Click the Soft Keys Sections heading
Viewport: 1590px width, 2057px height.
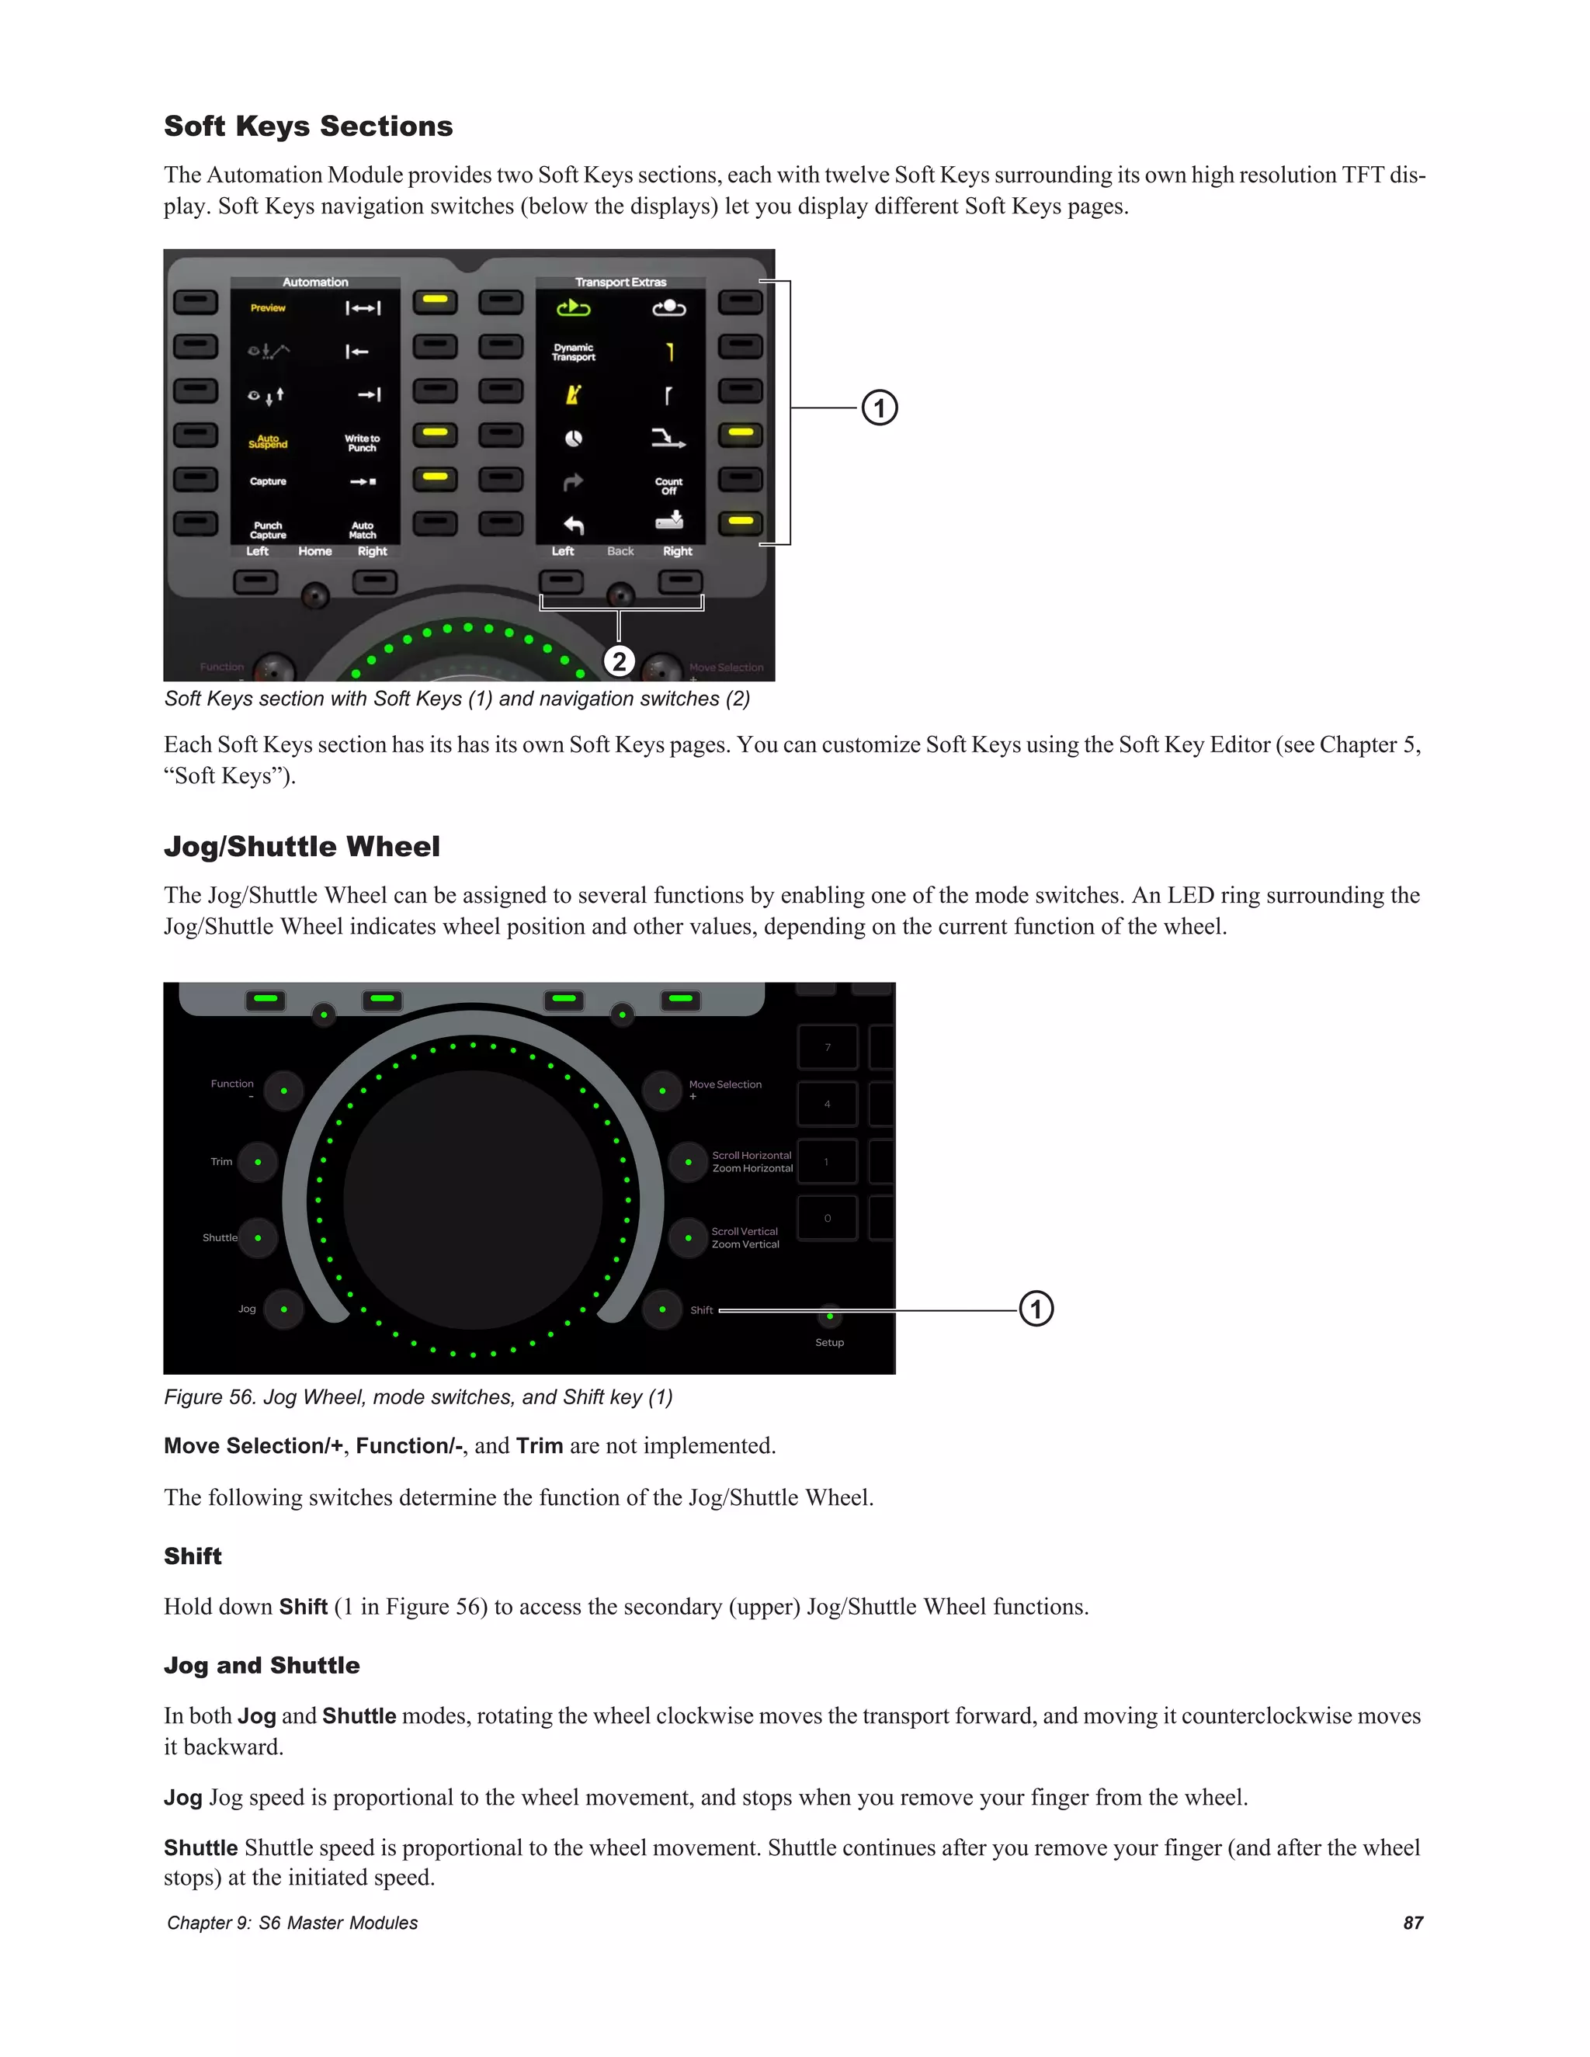308,127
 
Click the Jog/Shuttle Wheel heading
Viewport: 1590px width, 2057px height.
301,847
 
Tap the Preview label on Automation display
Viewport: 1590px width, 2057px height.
268,308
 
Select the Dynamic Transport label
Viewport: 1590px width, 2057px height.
574,352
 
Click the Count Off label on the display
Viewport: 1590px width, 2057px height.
668,486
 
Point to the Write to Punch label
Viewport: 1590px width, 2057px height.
363,442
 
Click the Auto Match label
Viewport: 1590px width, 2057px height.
363,530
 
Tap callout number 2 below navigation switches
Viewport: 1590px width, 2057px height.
619,661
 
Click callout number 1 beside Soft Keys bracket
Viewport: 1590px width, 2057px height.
880,408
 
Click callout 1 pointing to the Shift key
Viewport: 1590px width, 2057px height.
1036,1309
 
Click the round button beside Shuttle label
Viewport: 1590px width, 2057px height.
258,1237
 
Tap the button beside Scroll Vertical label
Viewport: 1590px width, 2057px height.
689,1237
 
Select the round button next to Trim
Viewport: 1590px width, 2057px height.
258,1161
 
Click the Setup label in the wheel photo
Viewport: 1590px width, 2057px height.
829,1342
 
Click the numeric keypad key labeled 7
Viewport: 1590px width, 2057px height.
827,1047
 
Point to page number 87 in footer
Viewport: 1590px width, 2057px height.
1412,1922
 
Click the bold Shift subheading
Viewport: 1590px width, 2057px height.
193,1556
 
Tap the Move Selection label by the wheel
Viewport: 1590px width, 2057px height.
725,1085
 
